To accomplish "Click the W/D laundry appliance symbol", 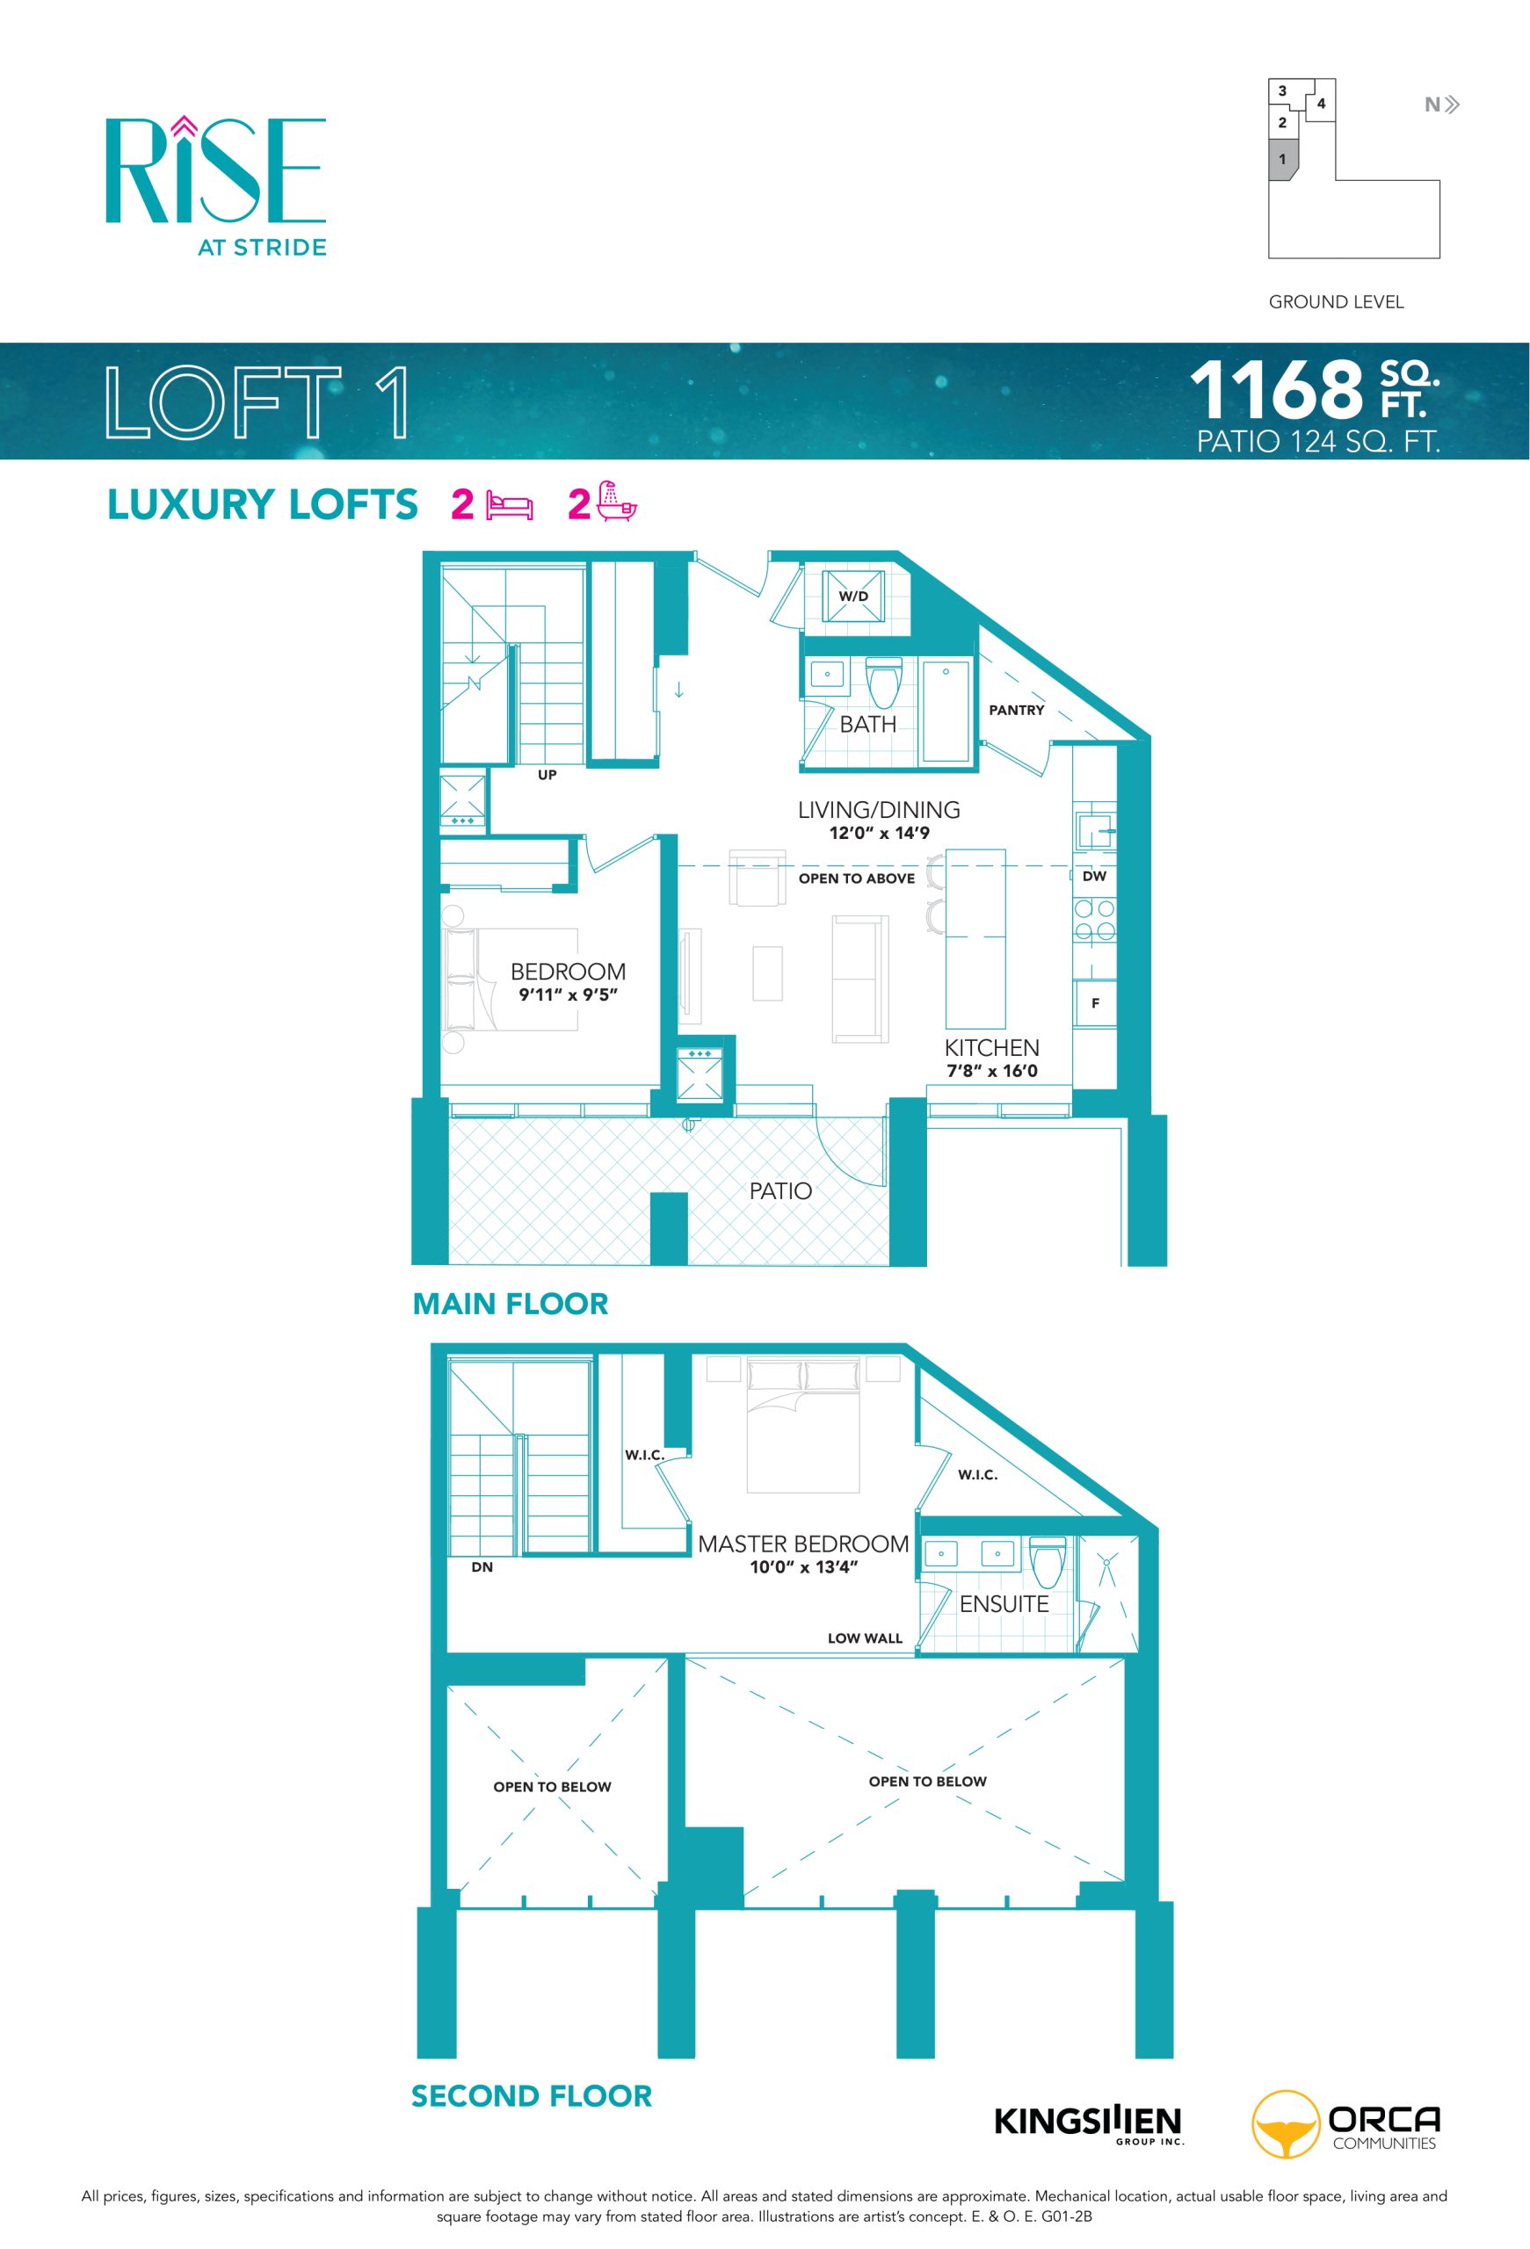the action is (852, 597).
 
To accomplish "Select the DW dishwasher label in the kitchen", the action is (1094, 876).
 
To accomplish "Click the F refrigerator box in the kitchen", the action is (1096, 1002).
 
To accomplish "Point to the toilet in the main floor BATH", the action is (883, 683).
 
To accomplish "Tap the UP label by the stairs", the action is (547, 775).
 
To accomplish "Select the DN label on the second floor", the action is (482, 1566).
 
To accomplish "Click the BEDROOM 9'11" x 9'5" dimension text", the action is (568, 994).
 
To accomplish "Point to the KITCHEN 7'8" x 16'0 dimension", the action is (992, 1070).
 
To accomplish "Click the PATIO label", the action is (780, 1190).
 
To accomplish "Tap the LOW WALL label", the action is (864, 1638).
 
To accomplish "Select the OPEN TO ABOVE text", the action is (857, 878).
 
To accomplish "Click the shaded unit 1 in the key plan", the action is (1282, 159).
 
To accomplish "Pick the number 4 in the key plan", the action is (1321, 104).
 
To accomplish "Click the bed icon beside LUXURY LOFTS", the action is (510, 506).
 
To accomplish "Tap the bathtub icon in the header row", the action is (616, 502).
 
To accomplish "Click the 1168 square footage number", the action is (1276, 389).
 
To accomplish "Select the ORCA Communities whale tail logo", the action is (1285, 2124).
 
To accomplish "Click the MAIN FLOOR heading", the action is (510, 1304).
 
